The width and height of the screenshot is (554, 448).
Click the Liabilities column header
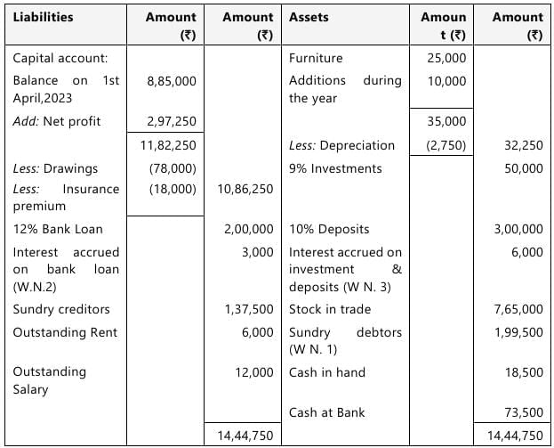pos(43,17)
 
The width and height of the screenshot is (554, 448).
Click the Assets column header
pos(309,17)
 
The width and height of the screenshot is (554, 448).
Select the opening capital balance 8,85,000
pos(172,80)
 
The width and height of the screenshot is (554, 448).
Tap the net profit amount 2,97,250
pos(172,121)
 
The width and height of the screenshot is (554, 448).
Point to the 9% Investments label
pos(335,168)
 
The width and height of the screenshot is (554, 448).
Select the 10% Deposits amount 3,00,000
pos(518,229)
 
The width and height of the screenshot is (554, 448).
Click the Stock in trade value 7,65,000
pos(518,309)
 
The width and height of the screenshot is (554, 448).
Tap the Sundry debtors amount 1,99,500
pos(518,332)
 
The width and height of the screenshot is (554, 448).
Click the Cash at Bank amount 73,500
pos(524,412)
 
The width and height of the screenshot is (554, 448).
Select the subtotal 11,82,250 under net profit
pos(172,144)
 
